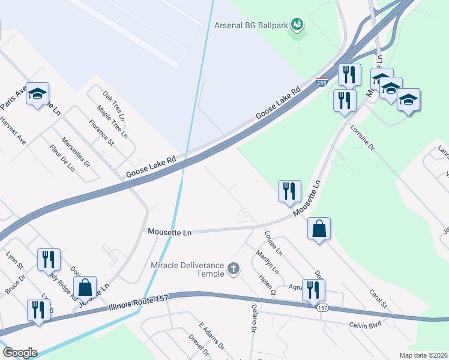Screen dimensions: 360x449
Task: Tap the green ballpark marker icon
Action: pyautogui.click(x=296, y=25)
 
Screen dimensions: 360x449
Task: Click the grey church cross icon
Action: pyautogui.click(x=234, y=269)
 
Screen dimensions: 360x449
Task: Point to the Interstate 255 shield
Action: pyautogui.click(x=322, y=82)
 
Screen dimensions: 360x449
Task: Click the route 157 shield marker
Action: pyautogui.click(x=323, y=307)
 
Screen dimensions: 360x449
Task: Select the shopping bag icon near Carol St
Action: pyautogui.click(x=319, y=229)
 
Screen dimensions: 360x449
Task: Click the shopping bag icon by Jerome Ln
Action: pyautogui.click(x=85, y=288)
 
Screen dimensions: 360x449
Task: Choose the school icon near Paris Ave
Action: pyautogui.click(x=38, y=94)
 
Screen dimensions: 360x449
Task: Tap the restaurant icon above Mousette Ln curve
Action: pyautogui.click(x=289, y=191)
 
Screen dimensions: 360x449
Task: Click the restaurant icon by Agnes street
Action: pyautogui.click(x=313, y=290)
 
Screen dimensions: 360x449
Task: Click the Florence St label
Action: pyautogui.click(x=101, y=133)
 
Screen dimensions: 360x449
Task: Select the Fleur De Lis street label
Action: pyautogui.click(x=62, y=158)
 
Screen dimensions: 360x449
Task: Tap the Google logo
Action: pyautogui.click(x=20, y=353)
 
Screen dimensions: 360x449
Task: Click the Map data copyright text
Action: pyautogui.click(x=424, y=355)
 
